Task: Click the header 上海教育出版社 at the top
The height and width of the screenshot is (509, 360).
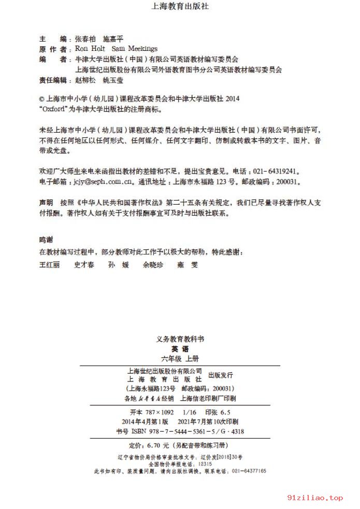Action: pyautogui.click(x=180, y=7)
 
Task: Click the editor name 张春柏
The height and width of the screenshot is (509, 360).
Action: pyautogui.click(x=85, y=38)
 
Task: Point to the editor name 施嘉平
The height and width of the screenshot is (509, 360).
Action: pyautogui.click(x=113, y=38)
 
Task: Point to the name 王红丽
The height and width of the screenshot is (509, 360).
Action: pyautogui.click(x=50, y=264)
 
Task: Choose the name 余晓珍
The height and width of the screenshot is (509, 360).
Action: pyautogui.click(x=153, y=264)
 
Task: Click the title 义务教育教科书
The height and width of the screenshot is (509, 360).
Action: pyautogui.click(x=180, y=340)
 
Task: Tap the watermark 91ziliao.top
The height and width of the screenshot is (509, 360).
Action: pyautogui.click(x=316, y=498)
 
